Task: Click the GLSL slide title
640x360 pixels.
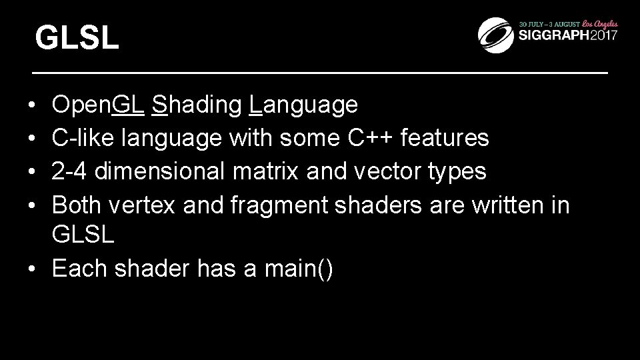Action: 77,38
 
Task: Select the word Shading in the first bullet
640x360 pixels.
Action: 197,105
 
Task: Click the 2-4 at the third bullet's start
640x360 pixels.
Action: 69,171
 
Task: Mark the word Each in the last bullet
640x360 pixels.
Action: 81,269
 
